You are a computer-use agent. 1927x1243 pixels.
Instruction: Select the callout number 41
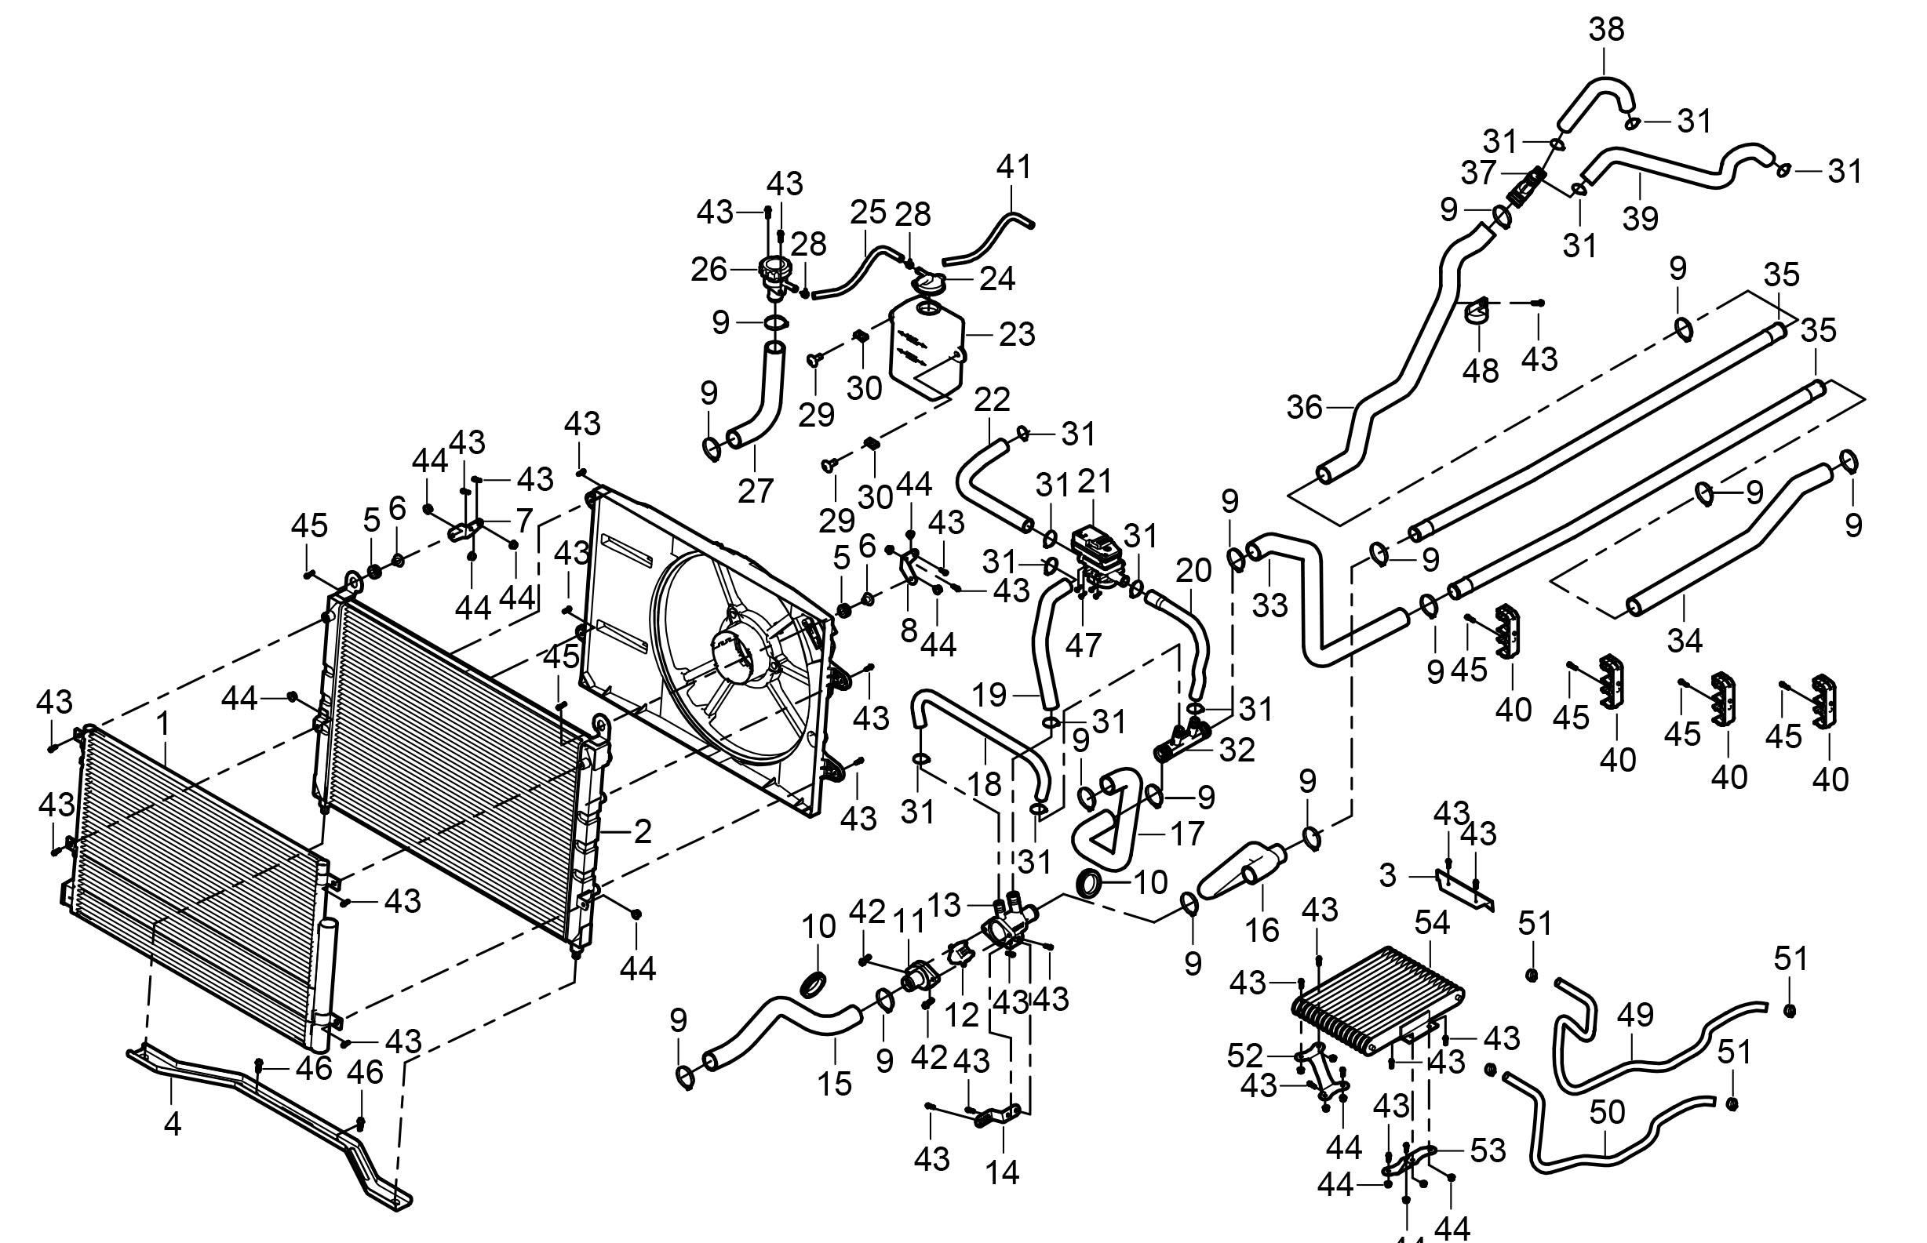point(1014,167)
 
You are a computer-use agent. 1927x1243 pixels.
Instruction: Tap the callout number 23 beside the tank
point(1016,334)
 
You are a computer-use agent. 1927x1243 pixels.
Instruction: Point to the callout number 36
point(1305,407)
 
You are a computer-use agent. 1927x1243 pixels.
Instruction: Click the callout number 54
point(1432,922)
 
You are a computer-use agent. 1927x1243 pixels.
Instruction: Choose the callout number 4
point(172,1124)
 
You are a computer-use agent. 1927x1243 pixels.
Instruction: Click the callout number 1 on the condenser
point(165,724)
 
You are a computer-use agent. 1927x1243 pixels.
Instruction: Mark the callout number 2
point(642,831)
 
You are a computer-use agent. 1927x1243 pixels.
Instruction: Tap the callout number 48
point(1481,371)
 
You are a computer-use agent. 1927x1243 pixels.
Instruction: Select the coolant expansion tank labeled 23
point(927,347)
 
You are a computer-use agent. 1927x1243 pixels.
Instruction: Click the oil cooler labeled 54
point(1376,1001)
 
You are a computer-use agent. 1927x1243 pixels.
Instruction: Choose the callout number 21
point(1095,482)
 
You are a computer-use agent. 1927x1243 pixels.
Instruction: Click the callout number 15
point(834,1084)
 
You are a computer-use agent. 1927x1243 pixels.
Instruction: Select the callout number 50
point(1607,1112)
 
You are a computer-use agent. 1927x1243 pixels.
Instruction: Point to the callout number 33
point(1269,605)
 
